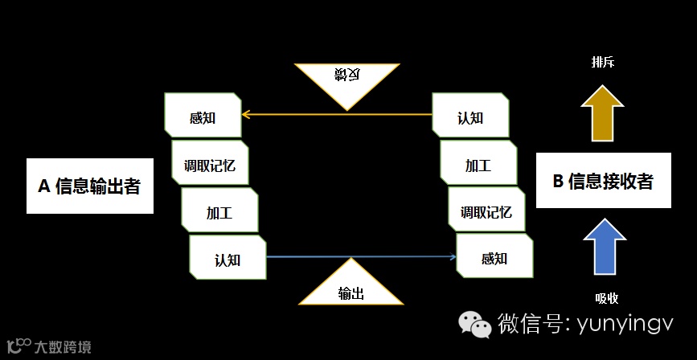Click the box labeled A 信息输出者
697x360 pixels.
90,186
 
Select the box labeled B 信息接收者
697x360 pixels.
602,182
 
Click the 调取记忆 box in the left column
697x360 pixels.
210,166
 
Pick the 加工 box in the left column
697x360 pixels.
219,213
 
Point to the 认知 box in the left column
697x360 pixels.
228,259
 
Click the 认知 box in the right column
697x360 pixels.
470,117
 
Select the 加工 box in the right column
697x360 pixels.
478,166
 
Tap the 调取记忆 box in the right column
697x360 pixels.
486,212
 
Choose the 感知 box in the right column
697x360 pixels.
494,258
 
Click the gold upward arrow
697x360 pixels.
601,112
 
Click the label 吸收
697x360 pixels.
607,297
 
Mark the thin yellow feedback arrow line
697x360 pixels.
337,115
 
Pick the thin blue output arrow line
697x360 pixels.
361,257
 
